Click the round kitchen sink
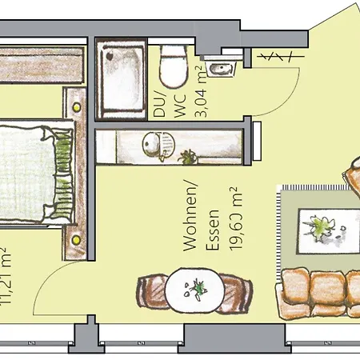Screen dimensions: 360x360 152,145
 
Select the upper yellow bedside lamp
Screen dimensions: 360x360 77,105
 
